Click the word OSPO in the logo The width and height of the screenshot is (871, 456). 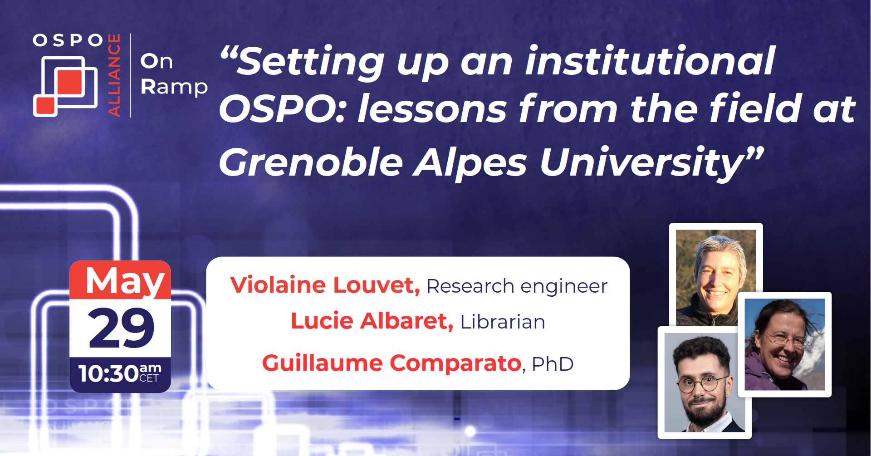pyautogui.click(x=68, y=40)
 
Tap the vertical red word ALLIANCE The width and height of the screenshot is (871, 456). pyautogui.click(x=114, y=75)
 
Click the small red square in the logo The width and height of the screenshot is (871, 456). pyautogui.click(x=45, y=106)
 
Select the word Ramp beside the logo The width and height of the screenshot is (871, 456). pyautogui.click(x=174, y=87)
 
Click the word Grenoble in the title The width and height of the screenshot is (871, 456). pyautogui.click(x=311, y=162)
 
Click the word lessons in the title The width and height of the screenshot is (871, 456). pyautogui.click(x=432, y=109)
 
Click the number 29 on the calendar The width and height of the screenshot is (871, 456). pyautogui.click(x=121, y=328)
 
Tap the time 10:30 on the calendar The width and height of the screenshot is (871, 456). pyautogui.click(x=108, y=374)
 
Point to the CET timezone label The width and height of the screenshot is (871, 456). pyautogui.click(x=149, y=378)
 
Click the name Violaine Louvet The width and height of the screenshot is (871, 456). pyautogui.click(x=325, y=285)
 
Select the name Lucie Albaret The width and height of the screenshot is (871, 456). pyautogui.click(x=372, y=321)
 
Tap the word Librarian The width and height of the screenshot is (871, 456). pyautogui.click(x=503, y=322)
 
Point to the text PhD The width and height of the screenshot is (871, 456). pyautogui.click(x=553, y=364)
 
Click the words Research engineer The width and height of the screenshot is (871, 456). pyautogui.click(x=517, y=286)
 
